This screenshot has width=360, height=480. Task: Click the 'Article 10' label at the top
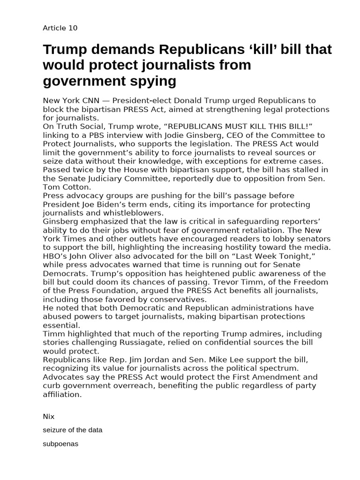60,28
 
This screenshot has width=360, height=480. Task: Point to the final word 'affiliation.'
62,394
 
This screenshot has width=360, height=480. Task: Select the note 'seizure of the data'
72,430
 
